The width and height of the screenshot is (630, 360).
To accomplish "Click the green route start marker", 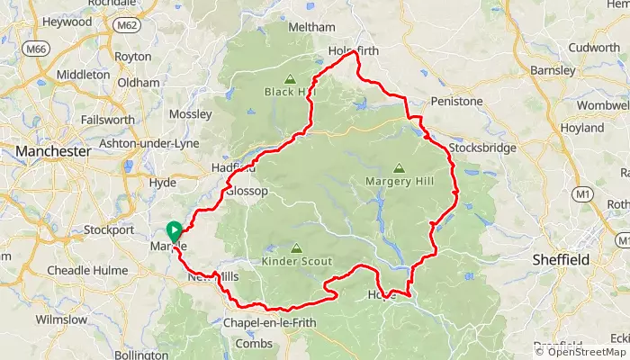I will click(x=174, y=230).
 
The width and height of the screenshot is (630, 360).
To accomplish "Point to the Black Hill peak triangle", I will click(x=291, y=78).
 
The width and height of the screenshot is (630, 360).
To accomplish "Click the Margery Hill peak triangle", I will click(x=399, y=166).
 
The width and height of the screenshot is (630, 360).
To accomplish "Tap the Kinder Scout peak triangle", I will click(x=296, y=247).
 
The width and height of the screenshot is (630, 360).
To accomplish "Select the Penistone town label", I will click(x=457, y=101).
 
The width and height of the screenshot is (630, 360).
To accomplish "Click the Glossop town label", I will click(x=247, y=192).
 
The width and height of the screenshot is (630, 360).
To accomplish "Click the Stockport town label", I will click(x=109, y=229).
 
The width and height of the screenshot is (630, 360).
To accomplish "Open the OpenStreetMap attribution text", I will click(x=580, y=352).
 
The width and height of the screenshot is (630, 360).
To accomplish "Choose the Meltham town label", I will click(x=310, y=28).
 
